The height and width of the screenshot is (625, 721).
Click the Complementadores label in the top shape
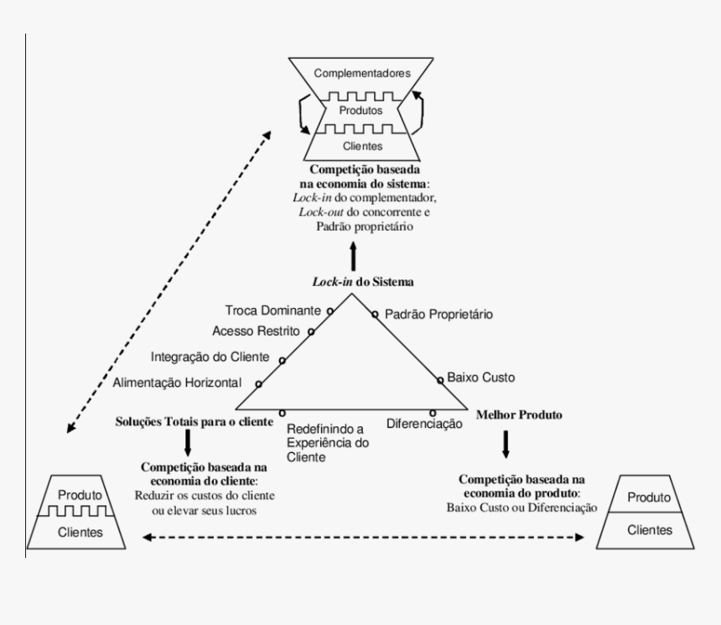(x=361, y=74)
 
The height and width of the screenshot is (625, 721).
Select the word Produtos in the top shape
(x=361, y=110)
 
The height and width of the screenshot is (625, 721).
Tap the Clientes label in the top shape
(x=361, y=146)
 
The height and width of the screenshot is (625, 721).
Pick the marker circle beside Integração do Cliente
(x=283, y=361)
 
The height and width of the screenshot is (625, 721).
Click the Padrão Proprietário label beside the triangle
(x=438, y=315)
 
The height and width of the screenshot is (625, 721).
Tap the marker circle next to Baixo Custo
(x=439, y=380)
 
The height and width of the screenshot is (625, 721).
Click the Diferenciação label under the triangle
(x=425, y=424)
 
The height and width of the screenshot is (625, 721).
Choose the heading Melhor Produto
(x=518, y=414)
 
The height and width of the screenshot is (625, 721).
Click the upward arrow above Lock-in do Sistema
(x=353, y=253)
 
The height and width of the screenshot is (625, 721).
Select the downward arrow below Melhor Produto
(x=506, y=443)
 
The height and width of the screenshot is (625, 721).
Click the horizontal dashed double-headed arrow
(x=361, y=537)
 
